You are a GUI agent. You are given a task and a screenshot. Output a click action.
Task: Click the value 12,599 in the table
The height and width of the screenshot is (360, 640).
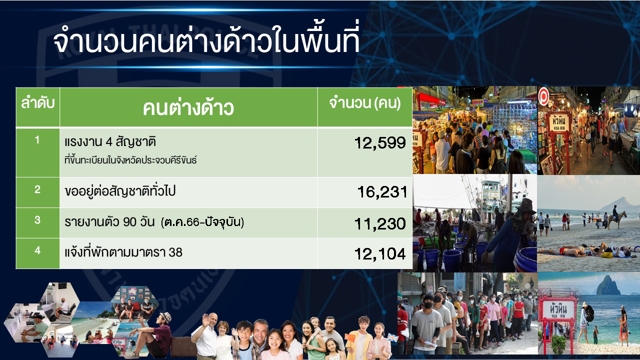point(380,143)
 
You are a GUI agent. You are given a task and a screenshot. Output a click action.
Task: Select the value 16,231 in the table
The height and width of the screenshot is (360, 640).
point(382,192)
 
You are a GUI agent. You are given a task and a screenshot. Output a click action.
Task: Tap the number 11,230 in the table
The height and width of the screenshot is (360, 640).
point(380,223)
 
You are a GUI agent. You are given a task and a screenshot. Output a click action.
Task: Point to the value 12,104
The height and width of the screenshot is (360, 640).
point(380,254)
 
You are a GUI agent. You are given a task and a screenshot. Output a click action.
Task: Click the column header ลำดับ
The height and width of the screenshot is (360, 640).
point(37,103)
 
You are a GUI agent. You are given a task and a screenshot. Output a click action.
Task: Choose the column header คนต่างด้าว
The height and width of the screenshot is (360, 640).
point(188,107)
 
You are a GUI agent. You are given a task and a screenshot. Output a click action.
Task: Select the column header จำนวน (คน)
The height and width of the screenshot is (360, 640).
point(365,103)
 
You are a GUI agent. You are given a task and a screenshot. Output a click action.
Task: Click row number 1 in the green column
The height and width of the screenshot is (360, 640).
point(37,140)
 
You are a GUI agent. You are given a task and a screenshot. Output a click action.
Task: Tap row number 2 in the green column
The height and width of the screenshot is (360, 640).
point(37,189)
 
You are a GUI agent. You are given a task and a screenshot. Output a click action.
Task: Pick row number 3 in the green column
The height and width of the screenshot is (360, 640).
point(37,219)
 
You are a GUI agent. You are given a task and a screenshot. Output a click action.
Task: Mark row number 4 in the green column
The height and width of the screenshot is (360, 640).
point(37,250)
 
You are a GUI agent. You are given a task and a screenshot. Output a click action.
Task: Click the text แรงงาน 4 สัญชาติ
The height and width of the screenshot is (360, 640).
point(110,142)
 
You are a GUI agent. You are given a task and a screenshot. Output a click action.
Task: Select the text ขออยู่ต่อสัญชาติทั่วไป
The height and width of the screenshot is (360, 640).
point(120,191)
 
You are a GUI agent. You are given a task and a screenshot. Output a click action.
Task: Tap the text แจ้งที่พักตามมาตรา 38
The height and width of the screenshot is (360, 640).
point(123,252)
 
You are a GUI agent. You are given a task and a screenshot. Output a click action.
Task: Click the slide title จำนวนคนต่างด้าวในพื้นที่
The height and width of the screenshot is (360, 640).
point(206,41)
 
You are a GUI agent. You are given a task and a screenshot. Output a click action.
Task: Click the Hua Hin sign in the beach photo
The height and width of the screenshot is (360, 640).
point(557,310)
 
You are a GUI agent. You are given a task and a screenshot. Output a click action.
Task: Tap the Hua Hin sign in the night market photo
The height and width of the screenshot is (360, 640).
point(559,122)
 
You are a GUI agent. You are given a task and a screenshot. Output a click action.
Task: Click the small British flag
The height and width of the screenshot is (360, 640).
point(393,337)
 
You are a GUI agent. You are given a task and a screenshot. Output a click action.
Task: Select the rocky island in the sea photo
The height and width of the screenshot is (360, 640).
point(608,285)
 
